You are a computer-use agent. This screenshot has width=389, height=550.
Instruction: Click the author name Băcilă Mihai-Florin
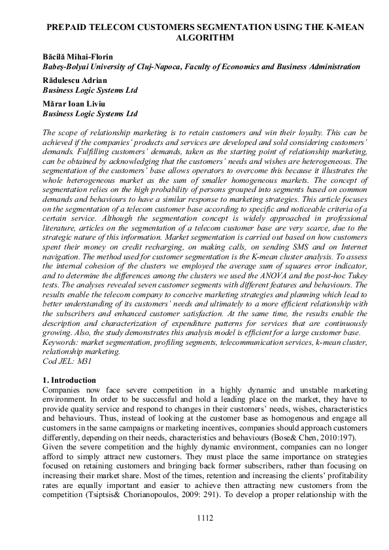point(78,57)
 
